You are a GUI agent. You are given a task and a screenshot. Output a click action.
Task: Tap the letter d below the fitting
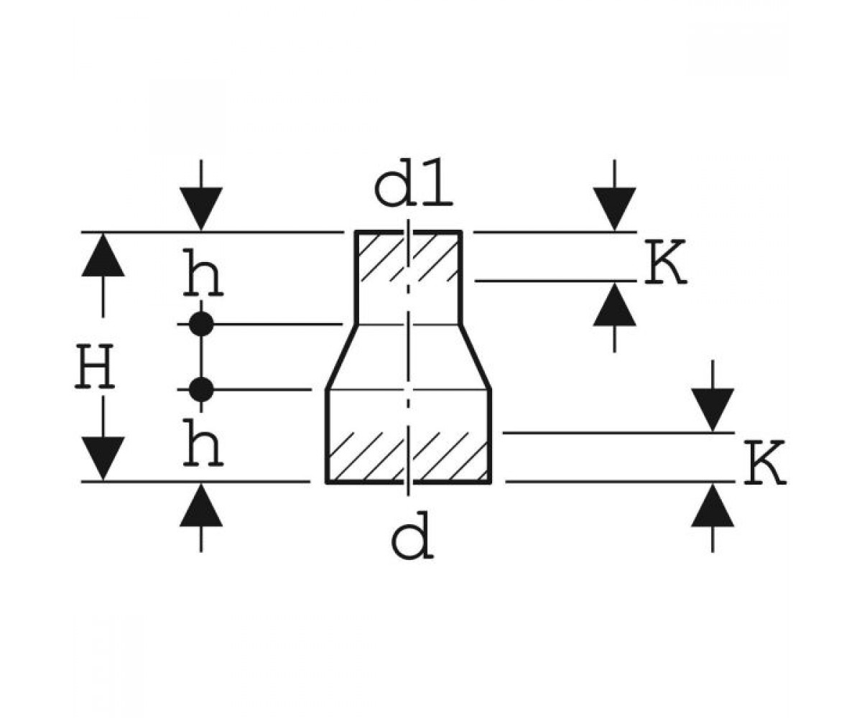[412, 535]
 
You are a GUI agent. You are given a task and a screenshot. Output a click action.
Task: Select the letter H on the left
[95, 367]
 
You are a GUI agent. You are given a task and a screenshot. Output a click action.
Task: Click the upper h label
[203, 272]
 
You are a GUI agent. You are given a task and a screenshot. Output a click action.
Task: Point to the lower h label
[203, 442]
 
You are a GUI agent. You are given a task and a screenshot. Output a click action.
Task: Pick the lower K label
[765, 463]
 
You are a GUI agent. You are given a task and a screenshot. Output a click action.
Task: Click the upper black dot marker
[201, 324]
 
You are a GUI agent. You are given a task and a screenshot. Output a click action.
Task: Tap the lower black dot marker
[201, 389]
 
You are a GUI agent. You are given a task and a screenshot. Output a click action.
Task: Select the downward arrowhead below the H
[103, 459]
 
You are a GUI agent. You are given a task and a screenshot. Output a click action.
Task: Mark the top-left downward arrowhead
[201, 209]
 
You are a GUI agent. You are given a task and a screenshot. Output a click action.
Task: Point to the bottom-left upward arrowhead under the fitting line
[201, 505]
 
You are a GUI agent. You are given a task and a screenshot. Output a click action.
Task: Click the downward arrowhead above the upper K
[614, 209]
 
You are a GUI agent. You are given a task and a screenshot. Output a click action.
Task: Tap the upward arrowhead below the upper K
[614, 304]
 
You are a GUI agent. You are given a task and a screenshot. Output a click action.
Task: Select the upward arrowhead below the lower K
[713, 505]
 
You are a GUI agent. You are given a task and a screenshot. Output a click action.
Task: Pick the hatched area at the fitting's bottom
[408, 457]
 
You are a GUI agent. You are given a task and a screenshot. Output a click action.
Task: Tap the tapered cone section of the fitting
[408, 357]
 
